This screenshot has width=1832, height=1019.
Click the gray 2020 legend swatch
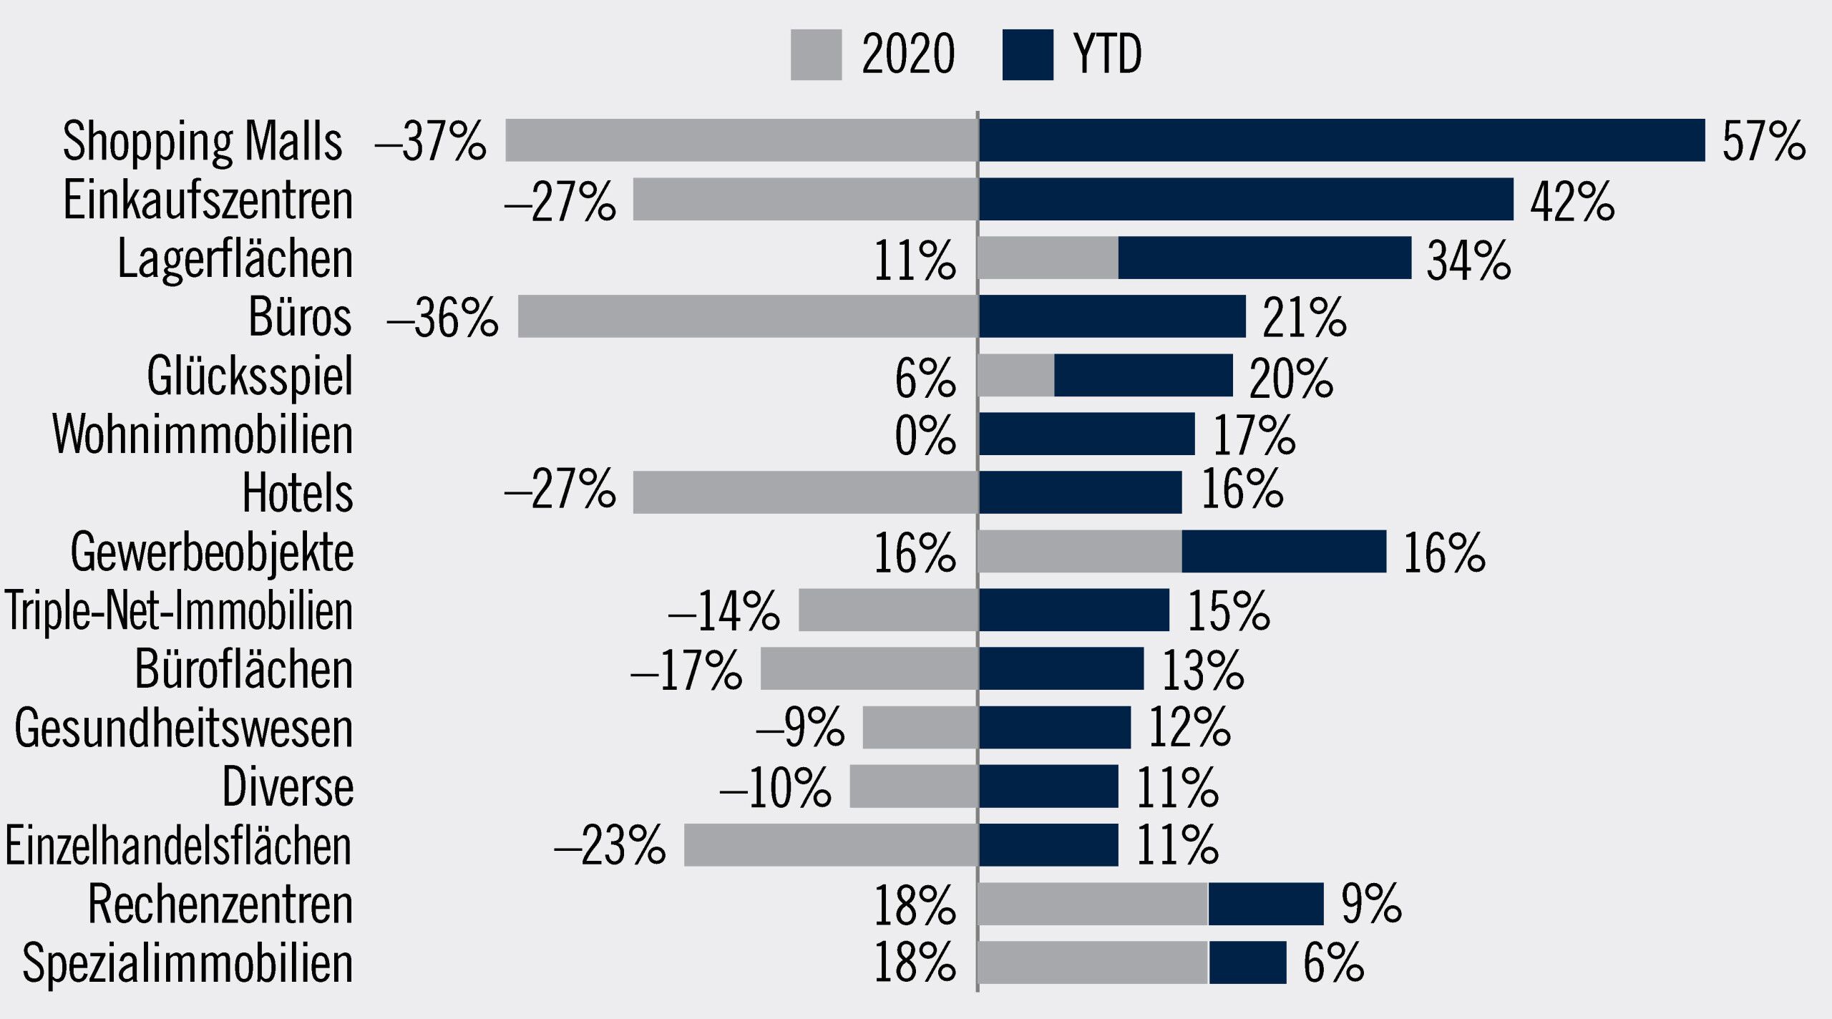tap(816, 55)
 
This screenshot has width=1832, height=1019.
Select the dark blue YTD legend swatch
tap(1028, 55)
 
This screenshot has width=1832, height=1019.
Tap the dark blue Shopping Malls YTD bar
tap(1342, 140)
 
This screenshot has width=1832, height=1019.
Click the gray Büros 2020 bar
tap(748, 316)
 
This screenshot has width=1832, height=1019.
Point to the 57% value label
tap(1763, 141)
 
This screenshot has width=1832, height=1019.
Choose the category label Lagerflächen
tap(235, 258)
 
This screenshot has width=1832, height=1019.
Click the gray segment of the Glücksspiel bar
tap(1016, 375)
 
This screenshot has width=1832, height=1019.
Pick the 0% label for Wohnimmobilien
tap(925, 435)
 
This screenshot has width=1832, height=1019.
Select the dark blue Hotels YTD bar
tap(1081, 492)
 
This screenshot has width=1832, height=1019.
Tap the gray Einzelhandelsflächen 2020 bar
tap(831, 845)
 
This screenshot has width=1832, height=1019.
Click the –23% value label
tap(610, 845)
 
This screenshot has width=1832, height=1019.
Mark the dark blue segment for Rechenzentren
tap(1266, 904)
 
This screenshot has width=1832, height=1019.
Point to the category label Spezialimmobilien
tap(188, 963)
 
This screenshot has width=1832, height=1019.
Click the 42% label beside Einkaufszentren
tap(1572, 201)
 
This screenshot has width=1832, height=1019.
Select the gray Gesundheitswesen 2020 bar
tap(920, 728)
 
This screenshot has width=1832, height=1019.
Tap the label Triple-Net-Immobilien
tap(179, 611)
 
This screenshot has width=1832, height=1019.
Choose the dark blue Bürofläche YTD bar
tap(1061, 668)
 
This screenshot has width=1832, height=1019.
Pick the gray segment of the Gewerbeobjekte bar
tap(1080, 551)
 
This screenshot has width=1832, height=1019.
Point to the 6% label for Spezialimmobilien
tap(1333, 963)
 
